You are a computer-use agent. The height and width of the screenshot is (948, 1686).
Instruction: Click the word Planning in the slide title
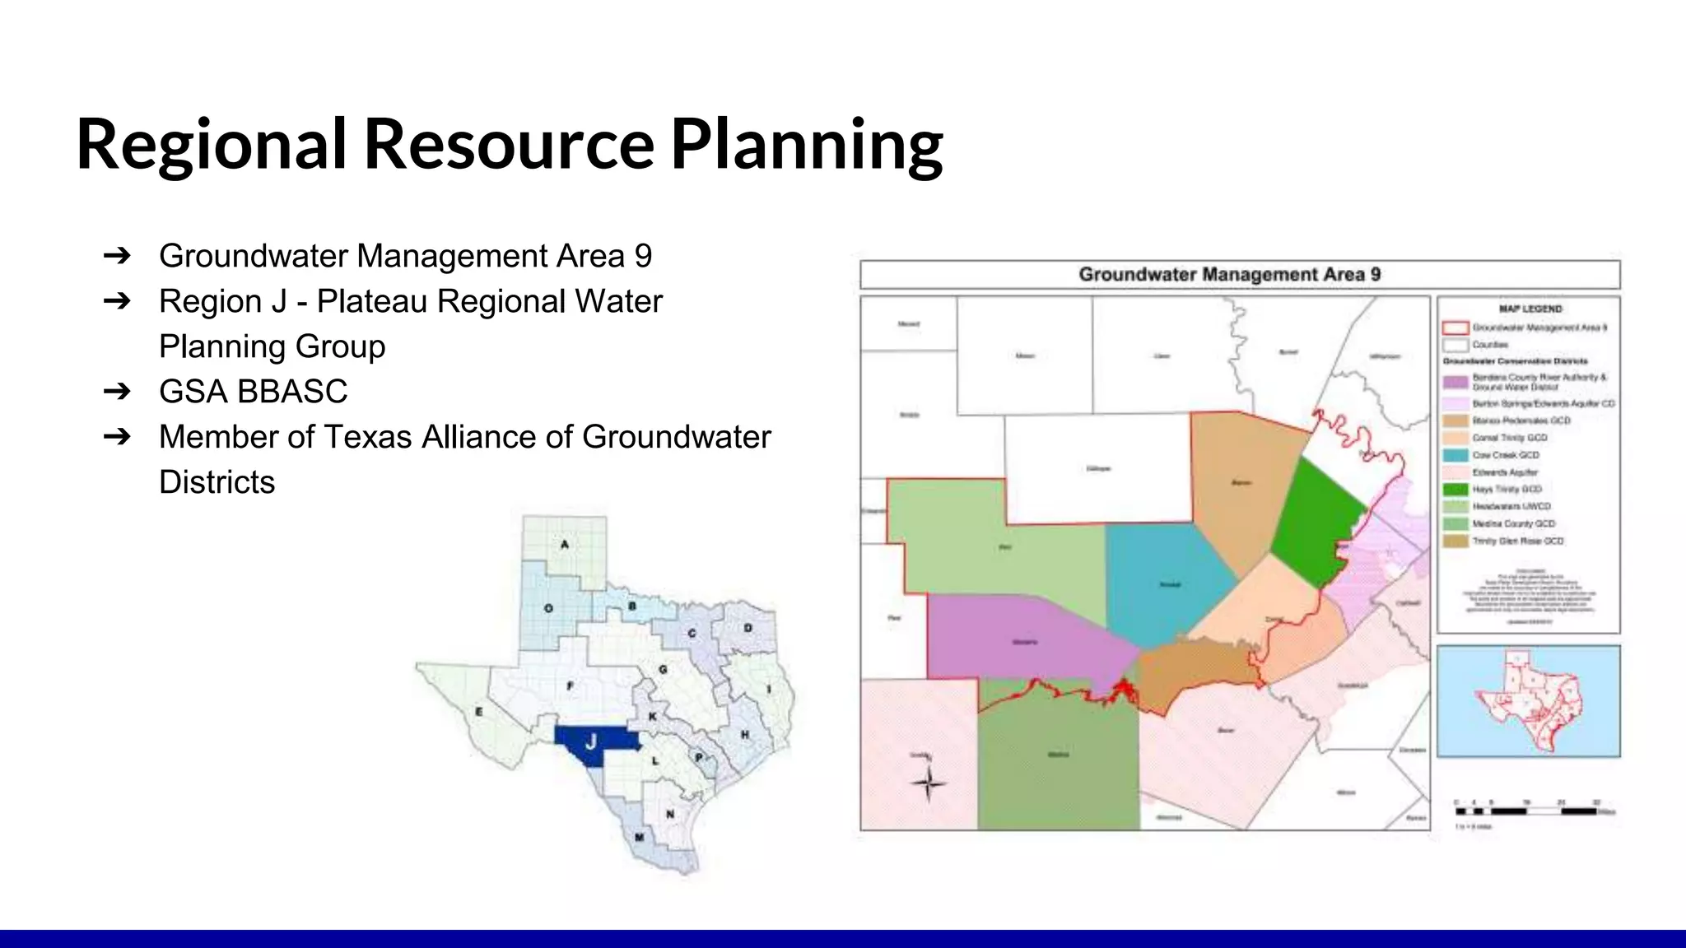point(807,144)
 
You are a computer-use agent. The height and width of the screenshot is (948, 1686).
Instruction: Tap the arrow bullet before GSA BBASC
point(117,392)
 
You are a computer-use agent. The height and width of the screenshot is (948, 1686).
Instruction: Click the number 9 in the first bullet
point(643,256)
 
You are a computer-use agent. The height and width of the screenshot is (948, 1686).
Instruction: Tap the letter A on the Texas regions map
point(565,545)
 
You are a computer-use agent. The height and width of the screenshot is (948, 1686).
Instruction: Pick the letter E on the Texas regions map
point(479,712)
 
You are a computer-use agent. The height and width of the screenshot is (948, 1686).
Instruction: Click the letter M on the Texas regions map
point(639,838)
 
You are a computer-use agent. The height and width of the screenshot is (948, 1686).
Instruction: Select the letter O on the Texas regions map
point(548,608)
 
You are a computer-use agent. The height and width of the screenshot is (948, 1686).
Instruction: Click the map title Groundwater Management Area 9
point(1229,275)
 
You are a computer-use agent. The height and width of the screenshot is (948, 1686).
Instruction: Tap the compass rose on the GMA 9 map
point(929,783)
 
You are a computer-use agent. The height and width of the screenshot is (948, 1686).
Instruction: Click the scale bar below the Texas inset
point(1527,811)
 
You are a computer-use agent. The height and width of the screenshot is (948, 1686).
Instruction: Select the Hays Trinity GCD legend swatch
point(1455,490)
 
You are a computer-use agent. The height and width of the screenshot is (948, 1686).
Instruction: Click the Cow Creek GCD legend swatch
point(1455,455)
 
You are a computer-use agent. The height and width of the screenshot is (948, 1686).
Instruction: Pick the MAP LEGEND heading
point(1530,309)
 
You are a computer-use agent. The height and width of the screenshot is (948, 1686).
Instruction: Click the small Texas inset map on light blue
point(1528,701)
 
